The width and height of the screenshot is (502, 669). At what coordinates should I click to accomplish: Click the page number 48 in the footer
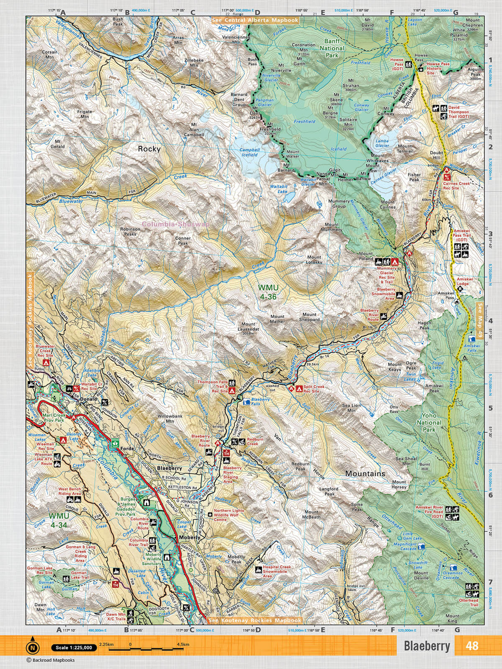tap(471, 646)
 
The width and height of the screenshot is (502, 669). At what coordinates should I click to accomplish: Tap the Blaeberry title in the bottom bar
tap(427, 646)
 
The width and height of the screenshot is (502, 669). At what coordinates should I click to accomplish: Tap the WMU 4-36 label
tap(268, 292)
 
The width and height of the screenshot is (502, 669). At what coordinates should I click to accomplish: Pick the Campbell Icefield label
tap(250, 152)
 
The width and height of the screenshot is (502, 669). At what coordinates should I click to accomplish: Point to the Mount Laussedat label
tap(248, 328)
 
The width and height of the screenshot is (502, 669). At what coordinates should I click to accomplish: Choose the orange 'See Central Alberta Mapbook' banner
tap(255, 20)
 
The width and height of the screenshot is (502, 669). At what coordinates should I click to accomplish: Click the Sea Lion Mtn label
tap(351, 408)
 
